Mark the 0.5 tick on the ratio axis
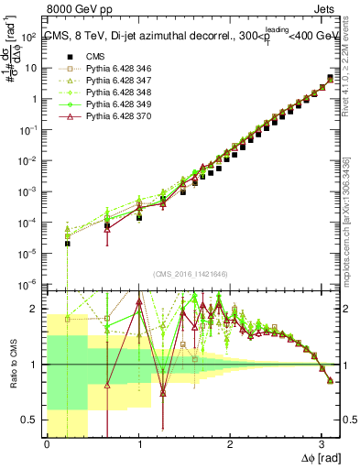coord(31,420)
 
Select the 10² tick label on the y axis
coord(29,38)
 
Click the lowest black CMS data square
coord(67,244)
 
